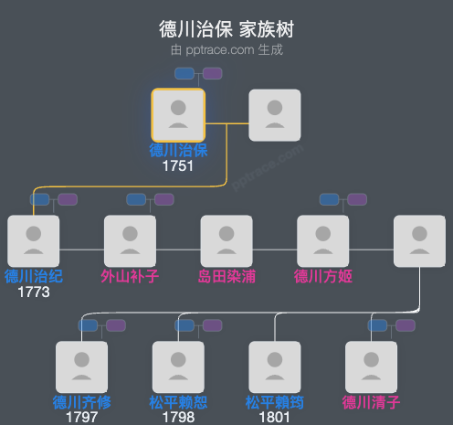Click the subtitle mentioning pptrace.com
coord(226,49)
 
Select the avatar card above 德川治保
coord(178,115)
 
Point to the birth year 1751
coord(178,167)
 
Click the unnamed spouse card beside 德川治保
coord(275,115)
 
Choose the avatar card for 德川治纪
coord(33,241)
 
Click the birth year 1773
coord(33,292)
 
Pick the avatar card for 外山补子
coord(130,241)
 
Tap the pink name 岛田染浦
coord(226,276)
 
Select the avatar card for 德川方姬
coord(323,241)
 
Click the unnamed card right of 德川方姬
coord(419,241)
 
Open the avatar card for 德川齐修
coord(81,367)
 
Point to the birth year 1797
coord(81,418)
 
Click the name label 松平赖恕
coord(178,402)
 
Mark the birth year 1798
coord(178,418)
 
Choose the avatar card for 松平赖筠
coord(275,367)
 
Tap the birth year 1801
coord(275,418)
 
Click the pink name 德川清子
coord(372,402)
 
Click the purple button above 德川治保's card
coord(212,73)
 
